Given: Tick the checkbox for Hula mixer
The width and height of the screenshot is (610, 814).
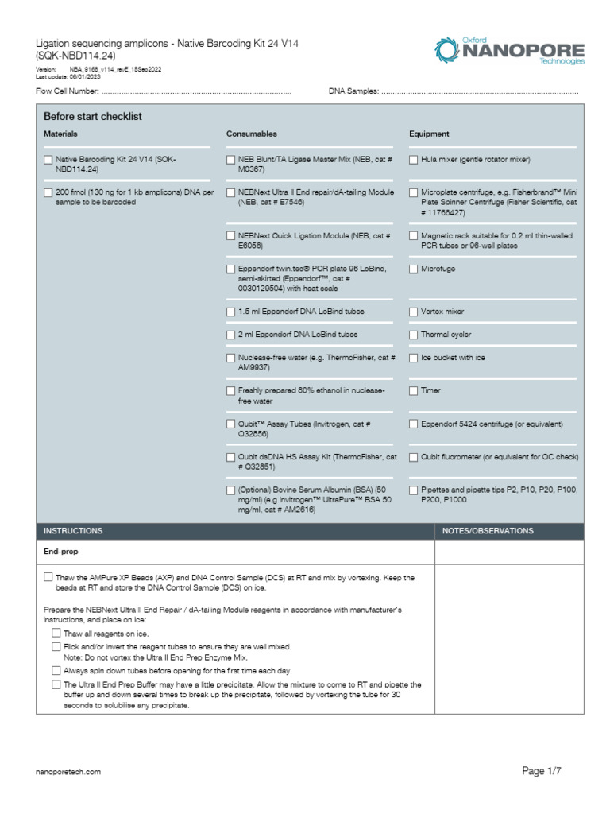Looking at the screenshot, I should coord(414,160).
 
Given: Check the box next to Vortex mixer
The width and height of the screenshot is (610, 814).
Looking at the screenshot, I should coord(414,312).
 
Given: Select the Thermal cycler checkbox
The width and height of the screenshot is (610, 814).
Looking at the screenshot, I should coord(414,335).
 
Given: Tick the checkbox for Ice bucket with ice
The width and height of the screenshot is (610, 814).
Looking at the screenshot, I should coord(414,358).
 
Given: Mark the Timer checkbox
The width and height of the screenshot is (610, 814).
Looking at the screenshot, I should coord(414,390).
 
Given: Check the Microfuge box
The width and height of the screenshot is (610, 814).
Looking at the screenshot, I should coord(414,269).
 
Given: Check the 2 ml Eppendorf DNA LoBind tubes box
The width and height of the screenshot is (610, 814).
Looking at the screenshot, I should coord(231,335).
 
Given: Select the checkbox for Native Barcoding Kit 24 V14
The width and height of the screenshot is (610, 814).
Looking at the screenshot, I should coord(48,160).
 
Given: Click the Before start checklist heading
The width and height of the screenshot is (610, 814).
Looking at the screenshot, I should coord(93,117).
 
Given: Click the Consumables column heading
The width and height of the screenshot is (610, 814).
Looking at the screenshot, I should coord(252,134).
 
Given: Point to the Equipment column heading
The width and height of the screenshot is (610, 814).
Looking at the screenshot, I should coord(429,134).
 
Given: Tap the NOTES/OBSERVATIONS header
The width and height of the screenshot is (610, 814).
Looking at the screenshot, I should coord(488,531).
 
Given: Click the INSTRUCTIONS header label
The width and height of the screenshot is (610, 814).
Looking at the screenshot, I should coord(73,531).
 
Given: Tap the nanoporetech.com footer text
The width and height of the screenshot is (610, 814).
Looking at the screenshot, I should coord(69,772).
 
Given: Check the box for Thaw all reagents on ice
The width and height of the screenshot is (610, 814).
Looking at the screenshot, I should coord(56,634).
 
